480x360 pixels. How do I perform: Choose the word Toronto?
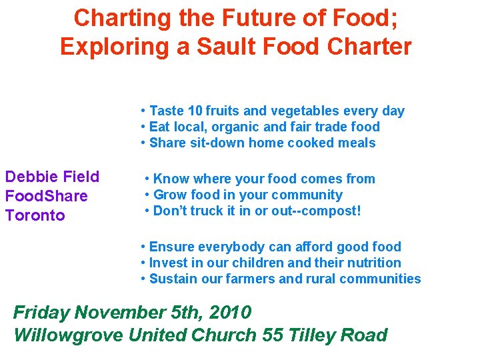[x=35, y=215]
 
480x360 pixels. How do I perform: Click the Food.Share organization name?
[x=46, y=196]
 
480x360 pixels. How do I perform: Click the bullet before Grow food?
[x=147, y=195]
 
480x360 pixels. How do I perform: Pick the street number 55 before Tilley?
[x=273, y=334]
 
